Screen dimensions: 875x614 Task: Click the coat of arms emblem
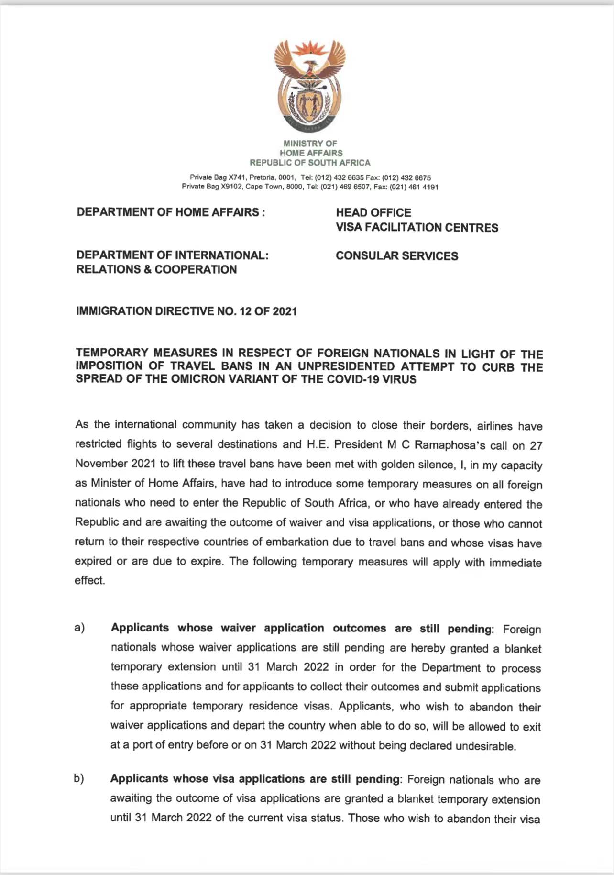pos(310,86)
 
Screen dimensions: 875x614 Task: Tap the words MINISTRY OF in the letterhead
pos(310,144)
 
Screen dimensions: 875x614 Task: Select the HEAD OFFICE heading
pos(373,213)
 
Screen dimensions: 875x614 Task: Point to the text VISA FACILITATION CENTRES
pos(417,228)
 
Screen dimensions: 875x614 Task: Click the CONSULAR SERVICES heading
pos(397,256)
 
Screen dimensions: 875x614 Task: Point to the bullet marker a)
pos(79,628)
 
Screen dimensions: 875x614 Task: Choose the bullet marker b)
pos(79,778)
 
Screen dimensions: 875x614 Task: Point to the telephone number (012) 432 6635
pos(339,178)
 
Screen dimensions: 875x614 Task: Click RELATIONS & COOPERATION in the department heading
pos(156,270)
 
